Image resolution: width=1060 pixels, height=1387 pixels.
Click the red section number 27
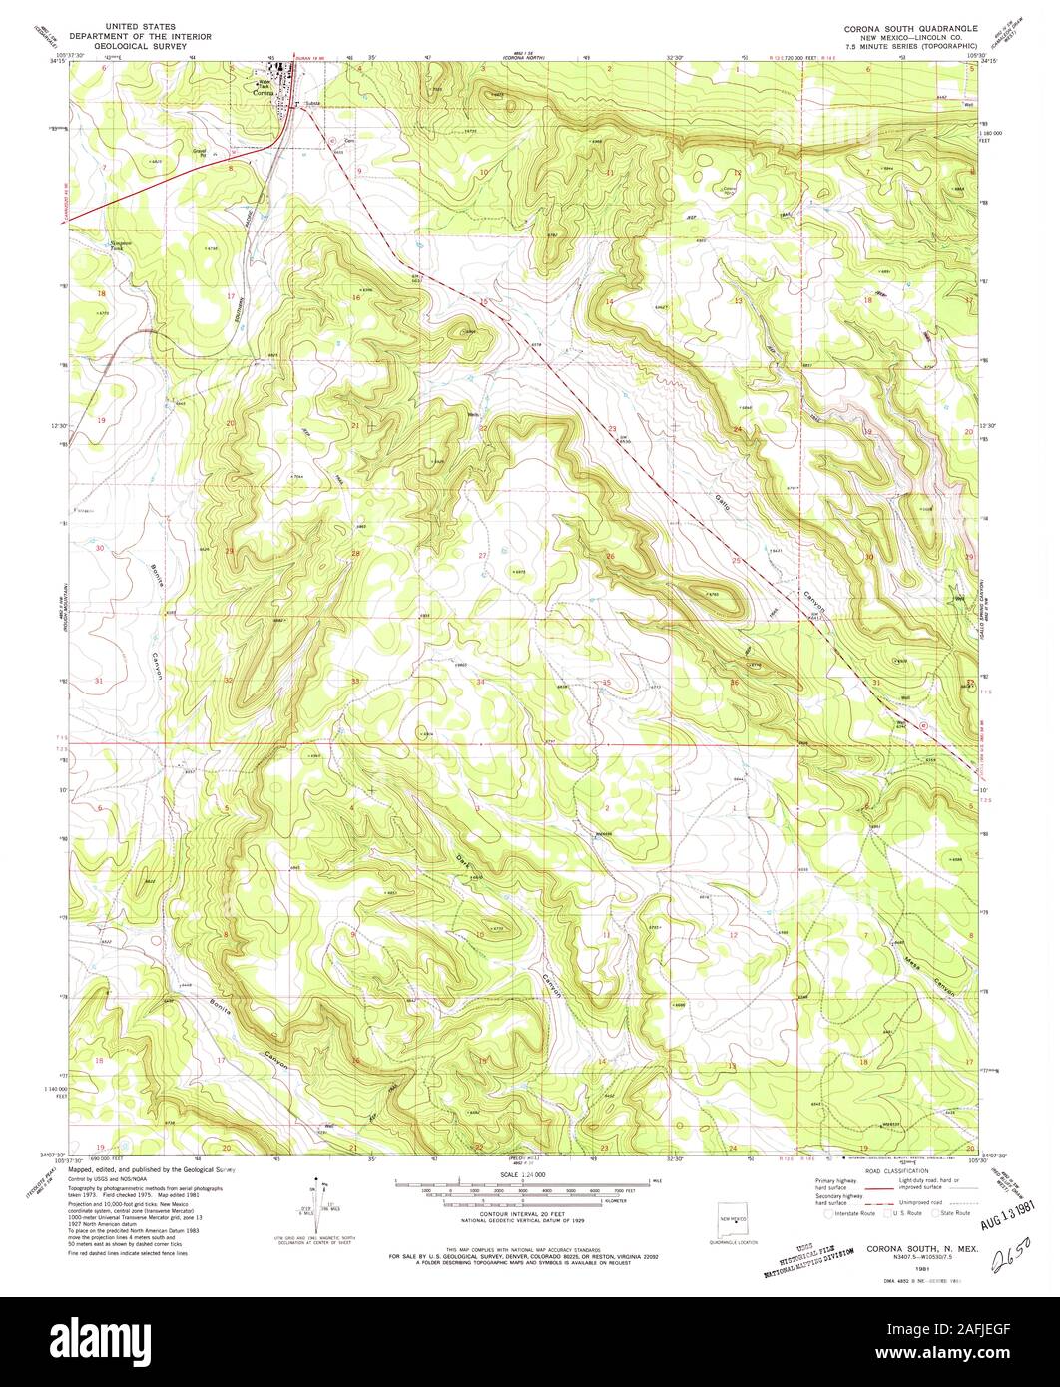[482, 555]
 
